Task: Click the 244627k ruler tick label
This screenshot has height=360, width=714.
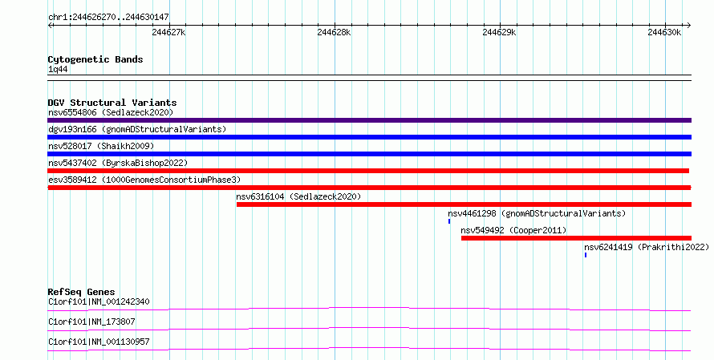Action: point(168,32)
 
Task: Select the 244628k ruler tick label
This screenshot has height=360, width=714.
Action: point(334,32)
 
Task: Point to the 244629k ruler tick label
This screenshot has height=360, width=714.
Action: point(499,32)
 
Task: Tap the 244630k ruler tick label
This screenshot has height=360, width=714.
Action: point(664,32)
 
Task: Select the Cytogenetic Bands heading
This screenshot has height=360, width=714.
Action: point(95,59)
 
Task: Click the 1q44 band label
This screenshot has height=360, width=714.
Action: point(58,70)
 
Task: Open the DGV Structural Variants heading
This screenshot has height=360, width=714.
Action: point(112,103)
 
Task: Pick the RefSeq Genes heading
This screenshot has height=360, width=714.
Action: point(81,292)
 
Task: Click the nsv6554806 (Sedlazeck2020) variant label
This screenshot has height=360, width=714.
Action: point(110,112)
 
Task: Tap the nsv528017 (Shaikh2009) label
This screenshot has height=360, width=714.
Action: point(101,146)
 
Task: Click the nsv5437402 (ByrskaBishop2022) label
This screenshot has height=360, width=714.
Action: point(118,163)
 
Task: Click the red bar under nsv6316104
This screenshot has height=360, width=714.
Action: point(464,204)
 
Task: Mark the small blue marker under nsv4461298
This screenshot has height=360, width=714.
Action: point(449,221)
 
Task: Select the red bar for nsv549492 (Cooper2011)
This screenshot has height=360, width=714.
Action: point(576,237)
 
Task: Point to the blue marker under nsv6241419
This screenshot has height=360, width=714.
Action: point(586,255)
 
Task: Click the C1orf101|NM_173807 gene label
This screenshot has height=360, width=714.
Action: point(91,322)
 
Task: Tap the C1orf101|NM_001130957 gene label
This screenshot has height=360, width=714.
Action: point(99,342)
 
